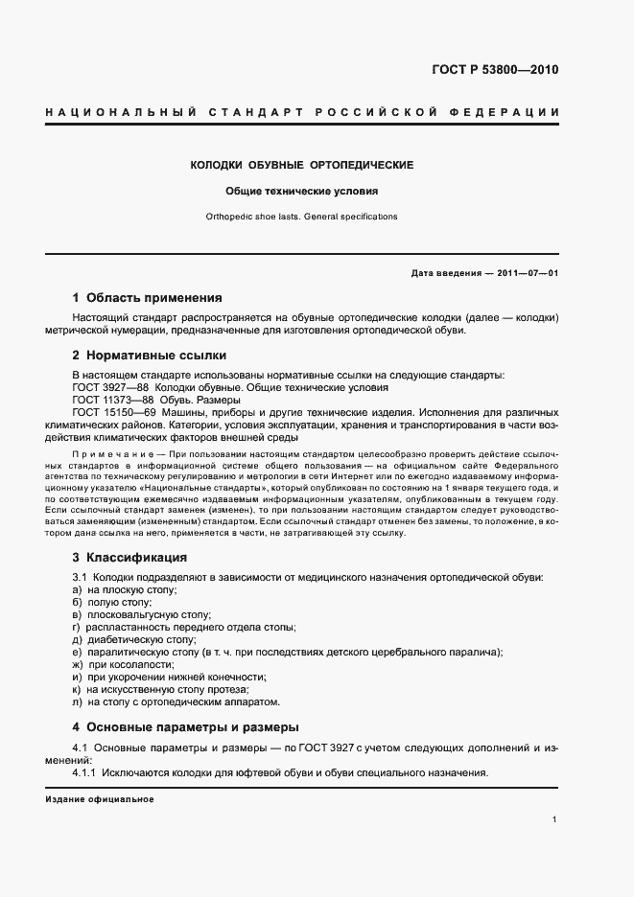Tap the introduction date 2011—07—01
pyautogui.click(x=526, y=273)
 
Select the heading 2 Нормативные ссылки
pyautogui.click(x=145, y=355)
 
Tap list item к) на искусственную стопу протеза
pyautogui.click(x=153, y=689)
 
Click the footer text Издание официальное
pyautogui.click(x=99, y=799)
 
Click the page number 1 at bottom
pyautogui.click(x=555, y=819)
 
